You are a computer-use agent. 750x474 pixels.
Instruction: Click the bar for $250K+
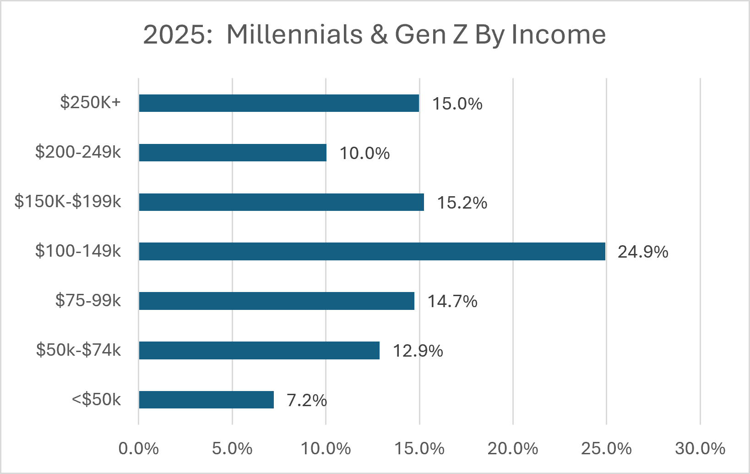click(279, 103)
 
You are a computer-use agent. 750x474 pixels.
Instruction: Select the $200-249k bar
click(233, 153)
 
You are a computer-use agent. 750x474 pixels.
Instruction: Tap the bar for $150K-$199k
click(282, 202)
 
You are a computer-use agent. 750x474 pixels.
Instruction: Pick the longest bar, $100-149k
click(372, 251)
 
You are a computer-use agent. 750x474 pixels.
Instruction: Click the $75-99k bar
click(277, 301)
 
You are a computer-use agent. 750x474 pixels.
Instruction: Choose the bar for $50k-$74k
click(260, 350)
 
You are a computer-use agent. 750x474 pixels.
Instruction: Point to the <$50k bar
click(206, 400)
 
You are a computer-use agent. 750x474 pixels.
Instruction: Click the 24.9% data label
click(643, 252)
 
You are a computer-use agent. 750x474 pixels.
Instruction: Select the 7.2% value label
click(307, 400)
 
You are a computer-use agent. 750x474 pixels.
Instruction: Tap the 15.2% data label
click(462, 203)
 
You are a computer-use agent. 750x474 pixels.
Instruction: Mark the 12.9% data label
click(418, 351)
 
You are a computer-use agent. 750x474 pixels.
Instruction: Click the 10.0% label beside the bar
click(364, 153)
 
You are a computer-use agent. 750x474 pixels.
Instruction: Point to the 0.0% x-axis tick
click(139, 448)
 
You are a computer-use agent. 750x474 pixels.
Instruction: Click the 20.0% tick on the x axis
click(513, 448)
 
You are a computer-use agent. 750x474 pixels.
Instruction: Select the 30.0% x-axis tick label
click(700, 448)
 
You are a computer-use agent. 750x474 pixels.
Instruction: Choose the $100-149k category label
click(78, 251)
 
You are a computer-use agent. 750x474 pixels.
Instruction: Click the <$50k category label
click(97, 399)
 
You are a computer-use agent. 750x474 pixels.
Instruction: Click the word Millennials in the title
click(295, 34)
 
